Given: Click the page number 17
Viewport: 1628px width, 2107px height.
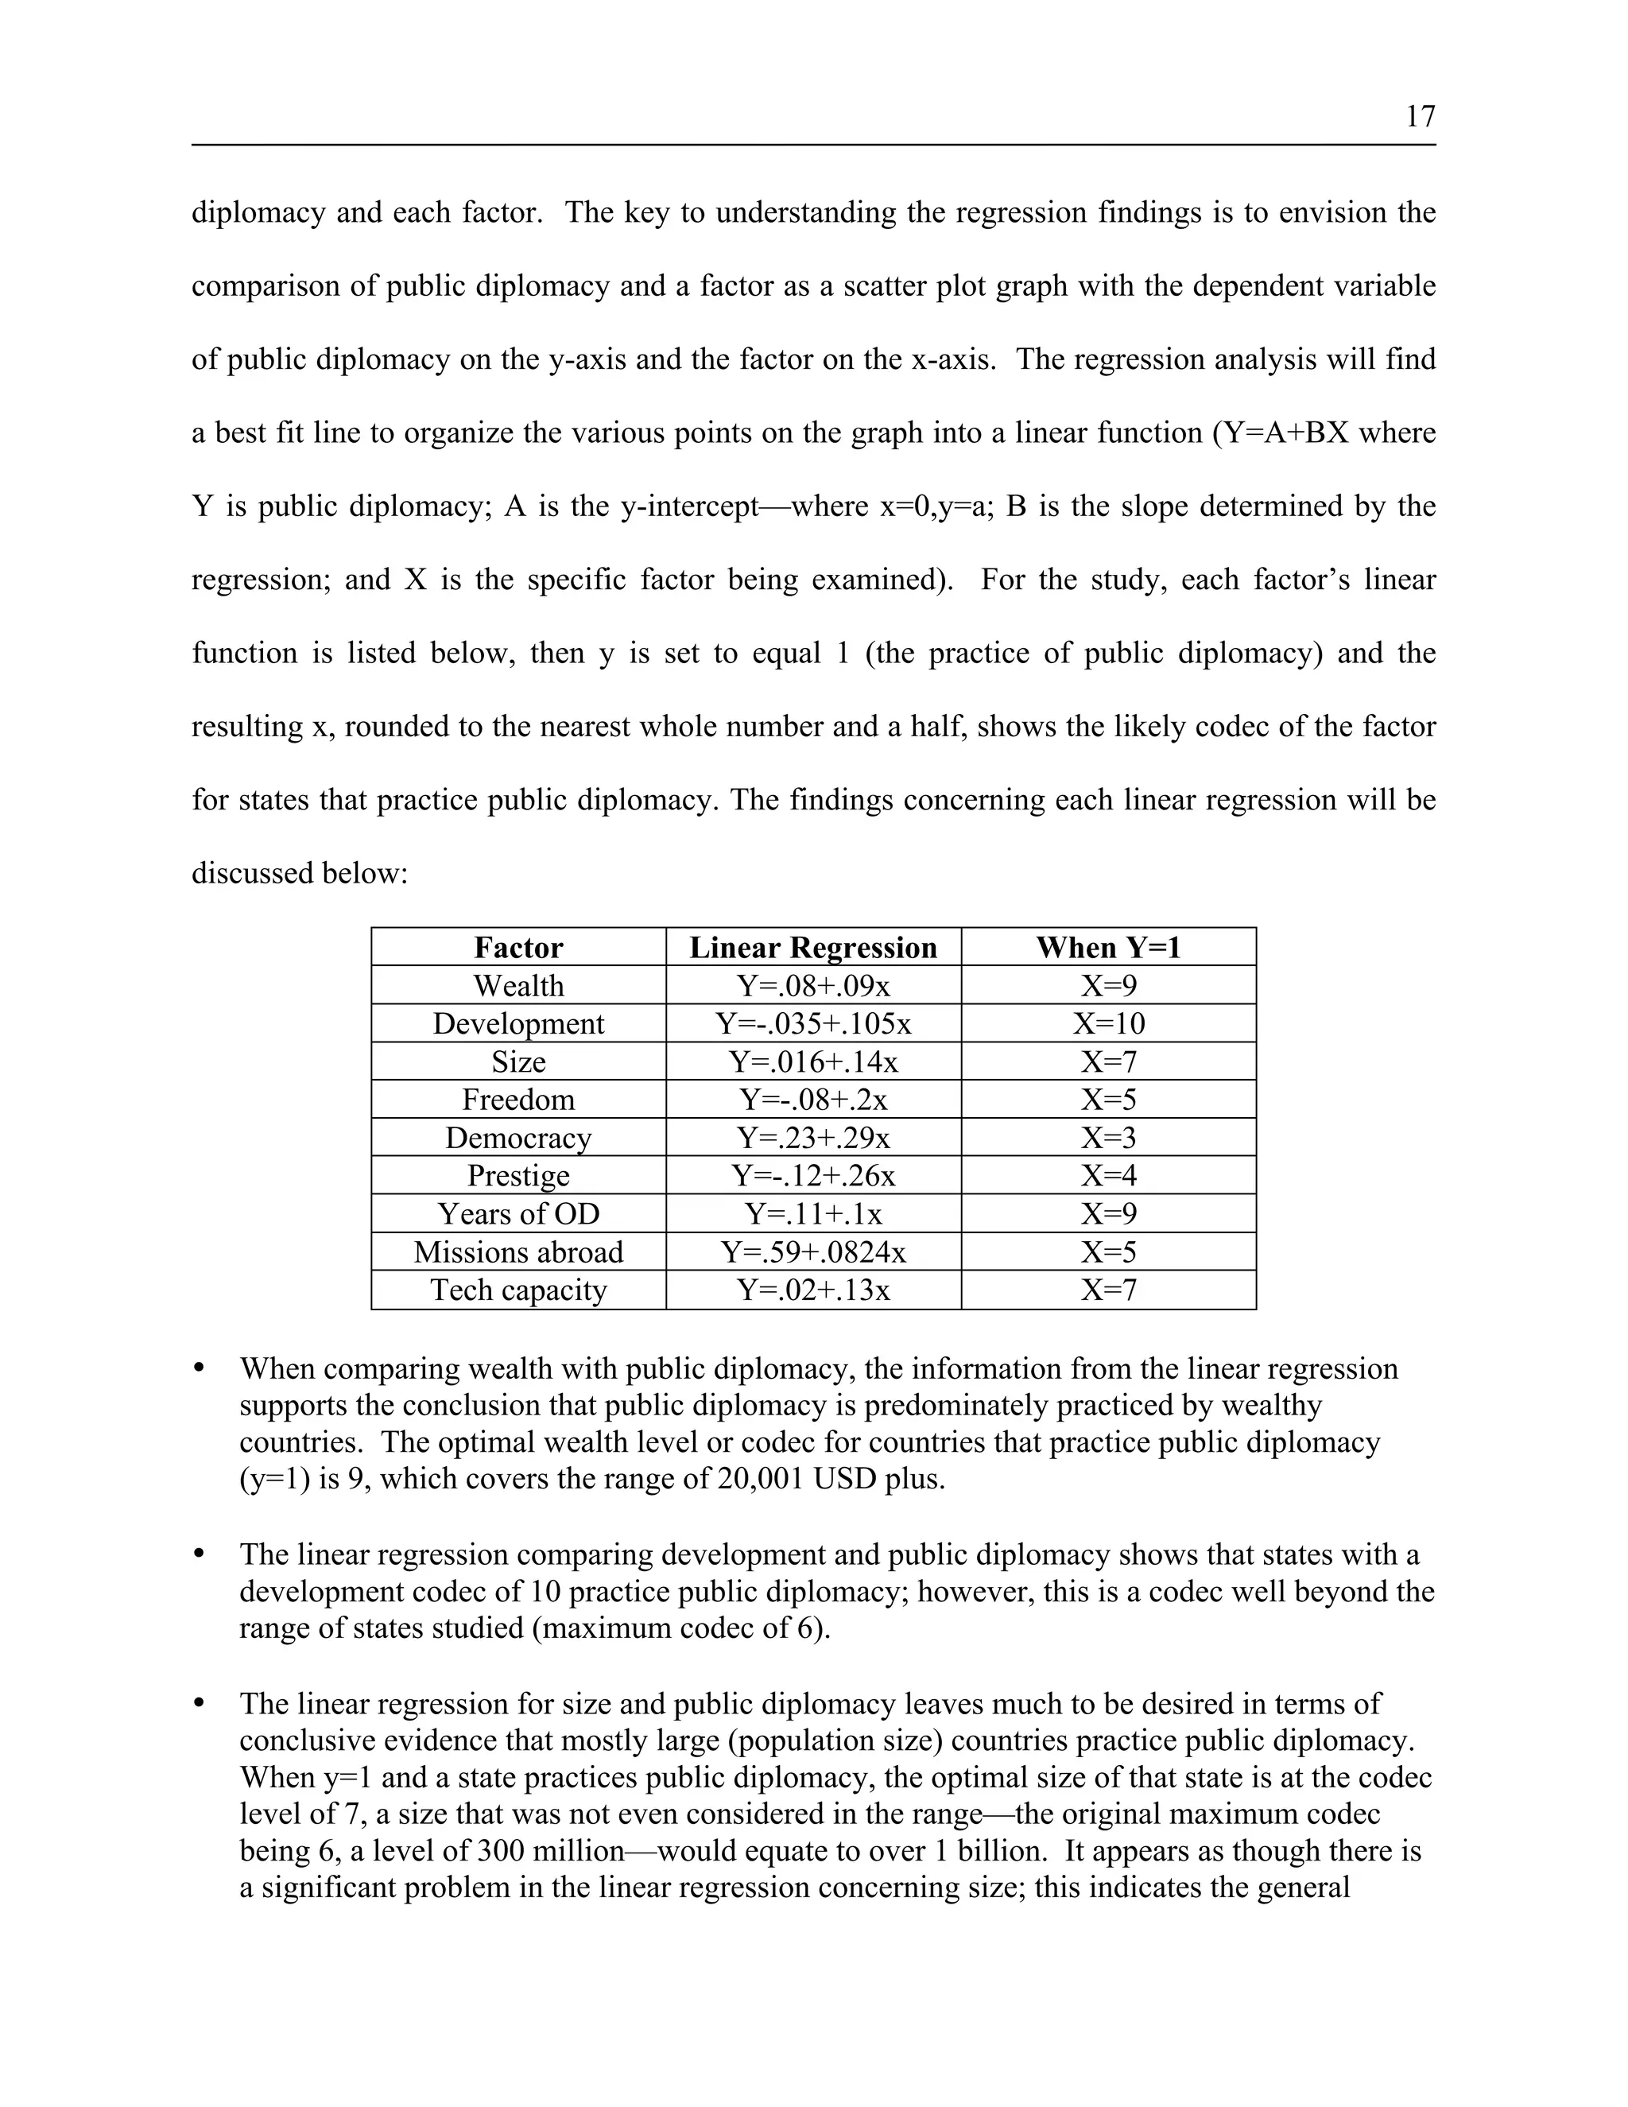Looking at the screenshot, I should click(x=1420, y=117).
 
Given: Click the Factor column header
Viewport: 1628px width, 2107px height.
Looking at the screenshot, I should click(x=518, y=948).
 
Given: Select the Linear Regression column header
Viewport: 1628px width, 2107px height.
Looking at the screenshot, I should click(x=813, y=948).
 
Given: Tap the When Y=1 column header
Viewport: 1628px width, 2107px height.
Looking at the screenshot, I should click(x=1108, y=948).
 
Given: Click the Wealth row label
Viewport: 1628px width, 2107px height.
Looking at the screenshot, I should click(x=518, y=986).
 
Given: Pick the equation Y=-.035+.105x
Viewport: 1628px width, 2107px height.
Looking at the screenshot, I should click(x=813, y=1023).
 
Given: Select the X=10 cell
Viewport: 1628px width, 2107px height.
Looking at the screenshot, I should click(x=1108, y=1023).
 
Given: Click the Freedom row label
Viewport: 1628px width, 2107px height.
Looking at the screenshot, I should click(x=518, y=1100).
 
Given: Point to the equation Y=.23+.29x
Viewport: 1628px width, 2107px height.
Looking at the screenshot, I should click(x=813, y=1138).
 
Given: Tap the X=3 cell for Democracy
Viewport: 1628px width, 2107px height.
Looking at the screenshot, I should click(x=1108, y=1138).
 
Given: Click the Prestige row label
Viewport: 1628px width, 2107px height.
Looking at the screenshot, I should click(x=518, y=1176).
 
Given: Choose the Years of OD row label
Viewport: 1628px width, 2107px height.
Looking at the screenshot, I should click(x=518, y=1213).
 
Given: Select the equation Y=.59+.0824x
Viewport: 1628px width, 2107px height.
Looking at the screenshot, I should click(x=813, y=1252).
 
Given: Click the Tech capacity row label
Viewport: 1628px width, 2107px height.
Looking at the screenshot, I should click(x=518, y=1290).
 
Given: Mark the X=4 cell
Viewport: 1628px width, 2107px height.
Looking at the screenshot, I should click(x=1108, y=1176).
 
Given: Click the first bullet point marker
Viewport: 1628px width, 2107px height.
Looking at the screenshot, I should click(x=200, y=1368).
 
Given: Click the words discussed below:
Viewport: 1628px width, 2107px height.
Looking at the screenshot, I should click(x=300, y=874).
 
